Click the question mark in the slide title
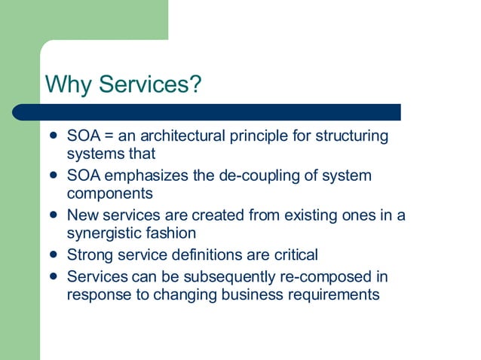coord(196,84)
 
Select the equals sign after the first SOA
coord(109,136)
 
